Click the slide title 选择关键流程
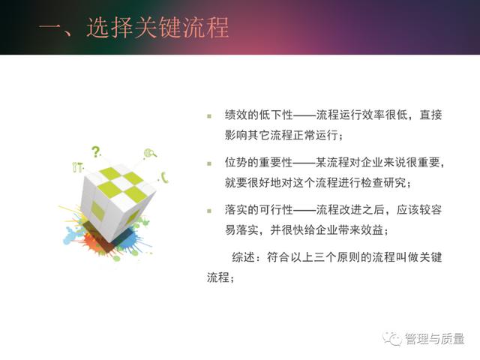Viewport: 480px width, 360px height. coord(157,28)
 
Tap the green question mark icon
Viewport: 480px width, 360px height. coord(96,151)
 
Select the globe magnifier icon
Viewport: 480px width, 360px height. coord(150,153)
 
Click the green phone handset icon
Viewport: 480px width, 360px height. coord(165,178)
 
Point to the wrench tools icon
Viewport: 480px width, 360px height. coord(78,166)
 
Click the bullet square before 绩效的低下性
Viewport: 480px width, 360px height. coord(209,116)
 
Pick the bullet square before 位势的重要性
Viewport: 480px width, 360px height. coord(209,163)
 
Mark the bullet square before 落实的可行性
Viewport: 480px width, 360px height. coord(209,211)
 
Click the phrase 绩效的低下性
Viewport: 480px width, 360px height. coord(259,115)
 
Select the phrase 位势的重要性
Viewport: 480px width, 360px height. coord(259,162)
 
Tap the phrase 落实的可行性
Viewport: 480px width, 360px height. coord(259,210)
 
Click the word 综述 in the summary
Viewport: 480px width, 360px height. coord(243,257)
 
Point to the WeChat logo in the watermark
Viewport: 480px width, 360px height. coord(392,338)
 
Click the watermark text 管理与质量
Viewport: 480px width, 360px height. coord(435,338)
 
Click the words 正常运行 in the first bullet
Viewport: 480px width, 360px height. coord(315,135)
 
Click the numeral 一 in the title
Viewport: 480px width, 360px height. coord(49,28)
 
